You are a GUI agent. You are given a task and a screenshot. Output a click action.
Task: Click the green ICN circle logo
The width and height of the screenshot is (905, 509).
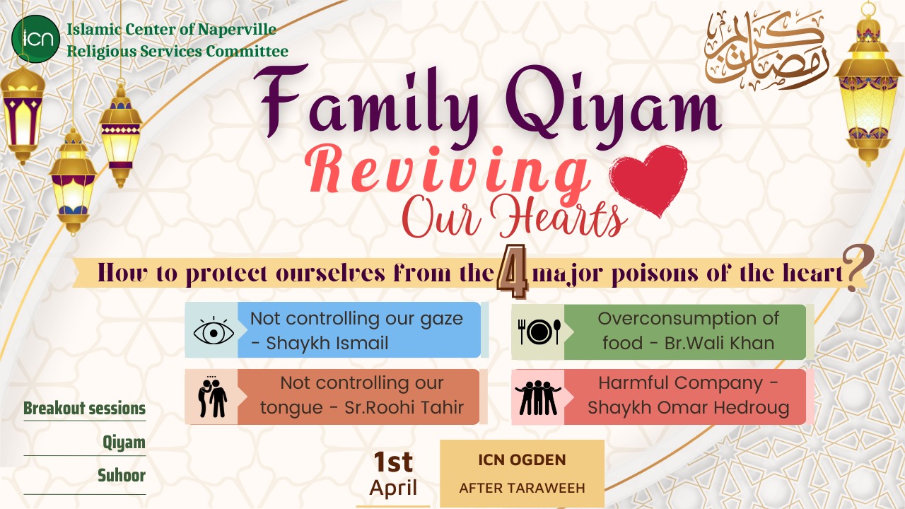(x=35, y=39)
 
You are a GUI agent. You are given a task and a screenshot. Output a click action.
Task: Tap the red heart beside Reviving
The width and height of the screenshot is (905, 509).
(x=648, y=180)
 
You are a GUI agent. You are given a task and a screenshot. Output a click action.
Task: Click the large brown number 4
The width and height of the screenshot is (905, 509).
(x=513, y=271)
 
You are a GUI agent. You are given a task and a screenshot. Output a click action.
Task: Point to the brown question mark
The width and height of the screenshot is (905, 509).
(x=859, y=268)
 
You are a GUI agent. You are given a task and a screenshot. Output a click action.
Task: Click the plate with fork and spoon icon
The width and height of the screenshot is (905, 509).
(x=539, y=332)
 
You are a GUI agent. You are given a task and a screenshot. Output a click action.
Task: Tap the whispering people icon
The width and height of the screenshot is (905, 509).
(x=213, y=397)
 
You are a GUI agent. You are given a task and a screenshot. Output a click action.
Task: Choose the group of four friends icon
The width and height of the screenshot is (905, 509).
(x=538, y=397)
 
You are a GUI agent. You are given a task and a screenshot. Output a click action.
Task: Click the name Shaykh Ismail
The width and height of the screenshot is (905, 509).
(x=327, y=344)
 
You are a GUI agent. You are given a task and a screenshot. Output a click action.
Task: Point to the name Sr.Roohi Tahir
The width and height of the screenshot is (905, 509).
(x=404, y=408)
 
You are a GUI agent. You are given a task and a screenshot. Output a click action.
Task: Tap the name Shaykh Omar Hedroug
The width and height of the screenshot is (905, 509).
(x=689, y=408)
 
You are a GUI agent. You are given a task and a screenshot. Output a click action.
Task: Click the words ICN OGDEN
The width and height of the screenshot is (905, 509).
(x=522, y=460)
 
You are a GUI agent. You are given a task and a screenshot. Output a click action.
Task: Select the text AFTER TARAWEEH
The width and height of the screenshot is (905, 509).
(x=522, y=488)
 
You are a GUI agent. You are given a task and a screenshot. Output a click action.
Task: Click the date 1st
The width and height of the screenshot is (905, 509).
(x=393, y=462)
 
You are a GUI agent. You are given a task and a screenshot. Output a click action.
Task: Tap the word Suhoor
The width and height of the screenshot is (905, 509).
(x=122, y=476)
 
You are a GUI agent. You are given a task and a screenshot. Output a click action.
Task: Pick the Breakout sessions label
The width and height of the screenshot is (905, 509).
(x=84, y=409)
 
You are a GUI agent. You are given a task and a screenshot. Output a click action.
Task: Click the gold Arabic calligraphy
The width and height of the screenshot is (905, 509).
(x=766, y=50)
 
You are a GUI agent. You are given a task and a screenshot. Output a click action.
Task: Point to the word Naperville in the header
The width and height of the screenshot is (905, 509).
(x=237, y=30)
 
